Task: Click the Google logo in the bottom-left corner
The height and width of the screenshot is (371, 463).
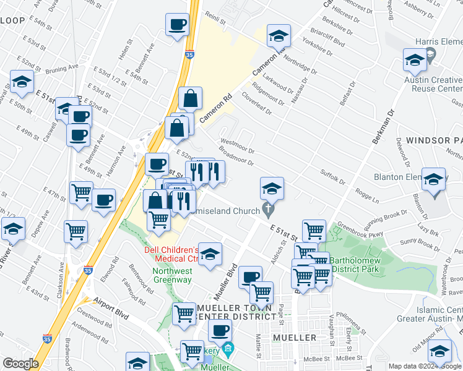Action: [x=20, y=364]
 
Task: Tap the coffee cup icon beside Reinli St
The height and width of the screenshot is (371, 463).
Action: [x=177, y=25]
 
